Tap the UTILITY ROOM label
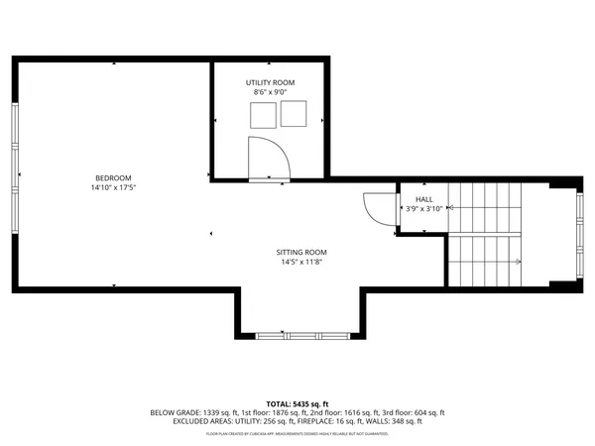[270, 82]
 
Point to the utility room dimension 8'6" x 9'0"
[270, 91]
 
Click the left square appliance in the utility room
[262, 116]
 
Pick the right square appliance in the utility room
[294, 116]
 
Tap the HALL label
[422, 199]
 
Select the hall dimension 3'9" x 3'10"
[422, 209]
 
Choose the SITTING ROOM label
[301, 253]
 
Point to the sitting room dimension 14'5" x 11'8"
[301, 263]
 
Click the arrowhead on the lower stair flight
[519, 262]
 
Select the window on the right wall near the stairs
[578, 234]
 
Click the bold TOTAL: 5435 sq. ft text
[297, 403]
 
